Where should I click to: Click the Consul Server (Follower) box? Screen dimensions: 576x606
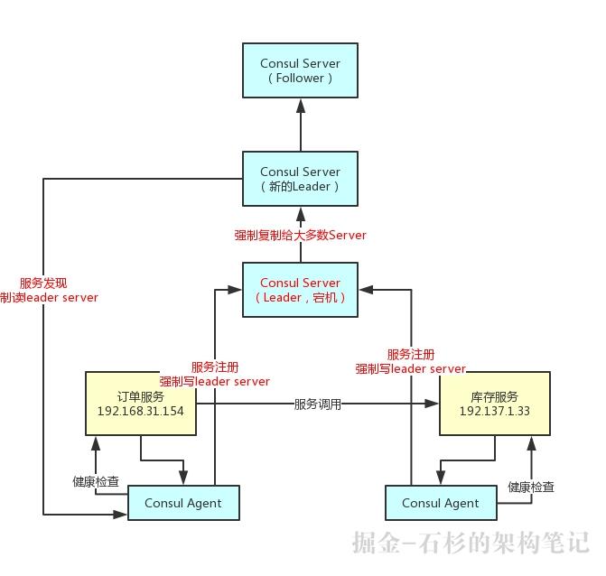(300, 70)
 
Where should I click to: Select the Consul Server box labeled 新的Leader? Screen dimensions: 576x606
(300, 179)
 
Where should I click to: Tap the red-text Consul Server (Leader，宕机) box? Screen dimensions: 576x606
(300, 290)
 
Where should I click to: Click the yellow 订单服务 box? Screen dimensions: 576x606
(140, 404)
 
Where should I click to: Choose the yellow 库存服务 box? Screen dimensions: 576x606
(494, 404)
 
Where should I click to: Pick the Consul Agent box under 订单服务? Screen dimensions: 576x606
(183, 503)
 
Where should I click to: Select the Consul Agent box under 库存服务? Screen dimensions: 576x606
(442, 503)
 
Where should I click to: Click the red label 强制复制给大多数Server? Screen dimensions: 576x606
(300, 236)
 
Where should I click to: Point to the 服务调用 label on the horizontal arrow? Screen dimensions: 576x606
(318, 404)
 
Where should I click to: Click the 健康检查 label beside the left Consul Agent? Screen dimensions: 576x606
(96, 482)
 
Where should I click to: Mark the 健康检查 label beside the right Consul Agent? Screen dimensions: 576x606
(531, 488)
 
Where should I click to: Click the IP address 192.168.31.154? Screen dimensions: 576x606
(140, 412)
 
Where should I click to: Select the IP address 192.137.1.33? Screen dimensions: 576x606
(494, 412)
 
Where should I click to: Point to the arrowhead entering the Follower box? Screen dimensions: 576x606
(300, 105)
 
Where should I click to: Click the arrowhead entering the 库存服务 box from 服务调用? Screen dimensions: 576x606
(434, 404)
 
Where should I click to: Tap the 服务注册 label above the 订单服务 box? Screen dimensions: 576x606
(215, 367)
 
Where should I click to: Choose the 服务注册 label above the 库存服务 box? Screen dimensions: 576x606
(410, 355)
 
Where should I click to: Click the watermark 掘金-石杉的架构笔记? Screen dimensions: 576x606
(471, 543)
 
